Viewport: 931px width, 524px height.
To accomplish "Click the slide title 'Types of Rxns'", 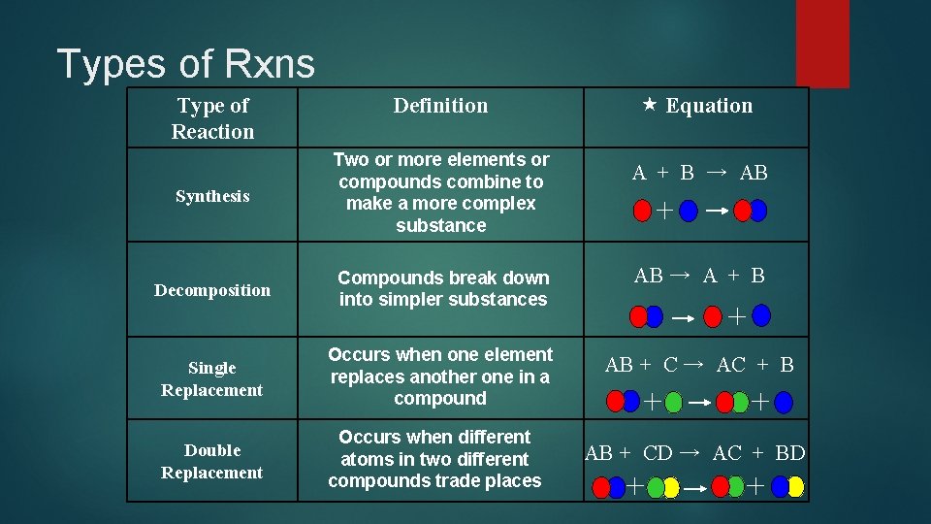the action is point(186,64).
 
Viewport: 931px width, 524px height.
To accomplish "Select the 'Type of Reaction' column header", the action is point(212,118).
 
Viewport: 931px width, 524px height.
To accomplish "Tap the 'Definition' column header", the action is point(440,106).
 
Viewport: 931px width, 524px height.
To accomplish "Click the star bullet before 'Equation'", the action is point(649,104).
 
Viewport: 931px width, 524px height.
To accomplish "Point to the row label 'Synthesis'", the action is point(212,196).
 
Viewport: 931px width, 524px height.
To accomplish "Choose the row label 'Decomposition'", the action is point(212,290).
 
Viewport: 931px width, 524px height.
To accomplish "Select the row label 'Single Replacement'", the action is point(212,378).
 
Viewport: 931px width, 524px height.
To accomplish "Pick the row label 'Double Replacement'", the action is point(212,461).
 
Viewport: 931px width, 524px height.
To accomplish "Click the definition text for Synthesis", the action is point(440,192).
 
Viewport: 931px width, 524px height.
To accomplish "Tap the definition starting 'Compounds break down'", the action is point(443,288).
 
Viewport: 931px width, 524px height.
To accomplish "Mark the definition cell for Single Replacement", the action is point(440,377).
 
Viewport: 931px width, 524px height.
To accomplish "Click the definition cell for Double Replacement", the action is point(434,458).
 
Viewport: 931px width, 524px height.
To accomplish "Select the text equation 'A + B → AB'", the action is point(699,173).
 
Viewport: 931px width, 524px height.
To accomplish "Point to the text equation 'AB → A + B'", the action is point(699,276).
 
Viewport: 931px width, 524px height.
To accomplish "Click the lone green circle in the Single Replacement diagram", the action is point(674,400).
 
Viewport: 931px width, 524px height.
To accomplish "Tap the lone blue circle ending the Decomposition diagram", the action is point(761,314).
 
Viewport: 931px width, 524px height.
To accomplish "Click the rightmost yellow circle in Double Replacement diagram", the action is point(795,486).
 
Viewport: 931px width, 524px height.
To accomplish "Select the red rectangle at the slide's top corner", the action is point(821,43).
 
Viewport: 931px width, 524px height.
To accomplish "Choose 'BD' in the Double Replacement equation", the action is point(790,452).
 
